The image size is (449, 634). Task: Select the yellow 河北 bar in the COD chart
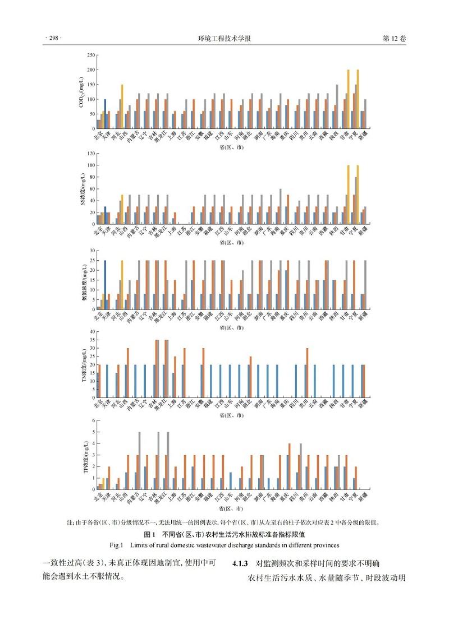[122, 106]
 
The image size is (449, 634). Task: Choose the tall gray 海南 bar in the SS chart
[280, 206]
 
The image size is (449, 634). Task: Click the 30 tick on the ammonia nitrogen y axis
[91, 251]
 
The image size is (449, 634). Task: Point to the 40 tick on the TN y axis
[91, 332]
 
